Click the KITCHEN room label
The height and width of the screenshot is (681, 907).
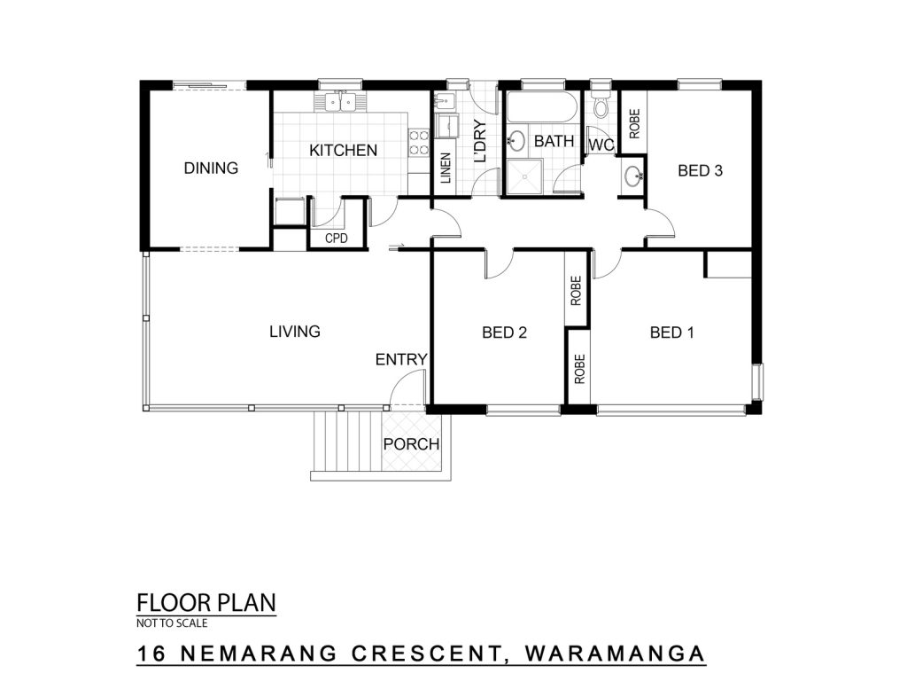click(x=343, y=150)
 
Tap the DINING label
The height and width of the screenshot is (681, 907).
click(x=211, y=168)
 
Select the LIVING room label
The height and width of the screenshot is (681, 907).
click(x=295, y=332)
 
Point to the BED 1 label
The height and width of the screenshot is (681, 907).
click(x=671, y=333)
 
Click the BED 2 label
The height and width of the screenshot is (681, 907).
click(x=504, y=333)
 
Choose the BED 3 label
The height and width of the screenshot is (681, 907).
click(x=700, y=170)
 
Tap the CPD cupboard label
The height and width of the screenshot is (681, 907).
click(x=336, y=238)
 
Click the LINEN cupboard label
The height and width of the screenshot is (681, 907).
click(x=446, y=168)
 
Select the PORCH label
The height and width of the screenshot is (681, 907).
click(x=411, y=444)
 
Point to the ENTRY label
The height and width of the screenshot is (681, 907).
click(x=401, y=360)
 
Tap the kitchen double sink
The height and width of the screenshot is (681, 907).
click(x=340, y=103)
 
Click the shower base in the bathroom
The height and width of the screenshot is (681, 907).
click(x=524, y=176)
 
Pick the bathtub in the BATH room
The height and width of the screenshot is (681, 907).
click(x=542, y=106)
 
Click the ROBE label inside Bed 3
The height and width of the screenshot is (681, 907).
click(x=634, y=124)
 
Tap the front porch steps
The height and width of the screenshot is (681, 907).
click(x=347, y=442)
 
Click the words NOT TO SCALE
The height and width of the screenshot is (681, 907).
click(x=172, y=623)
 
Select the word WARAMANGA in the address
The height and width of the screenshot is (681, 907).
click(x=615, y=654)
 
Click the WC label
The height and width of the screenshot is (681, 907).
click(x=601, y=145)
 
